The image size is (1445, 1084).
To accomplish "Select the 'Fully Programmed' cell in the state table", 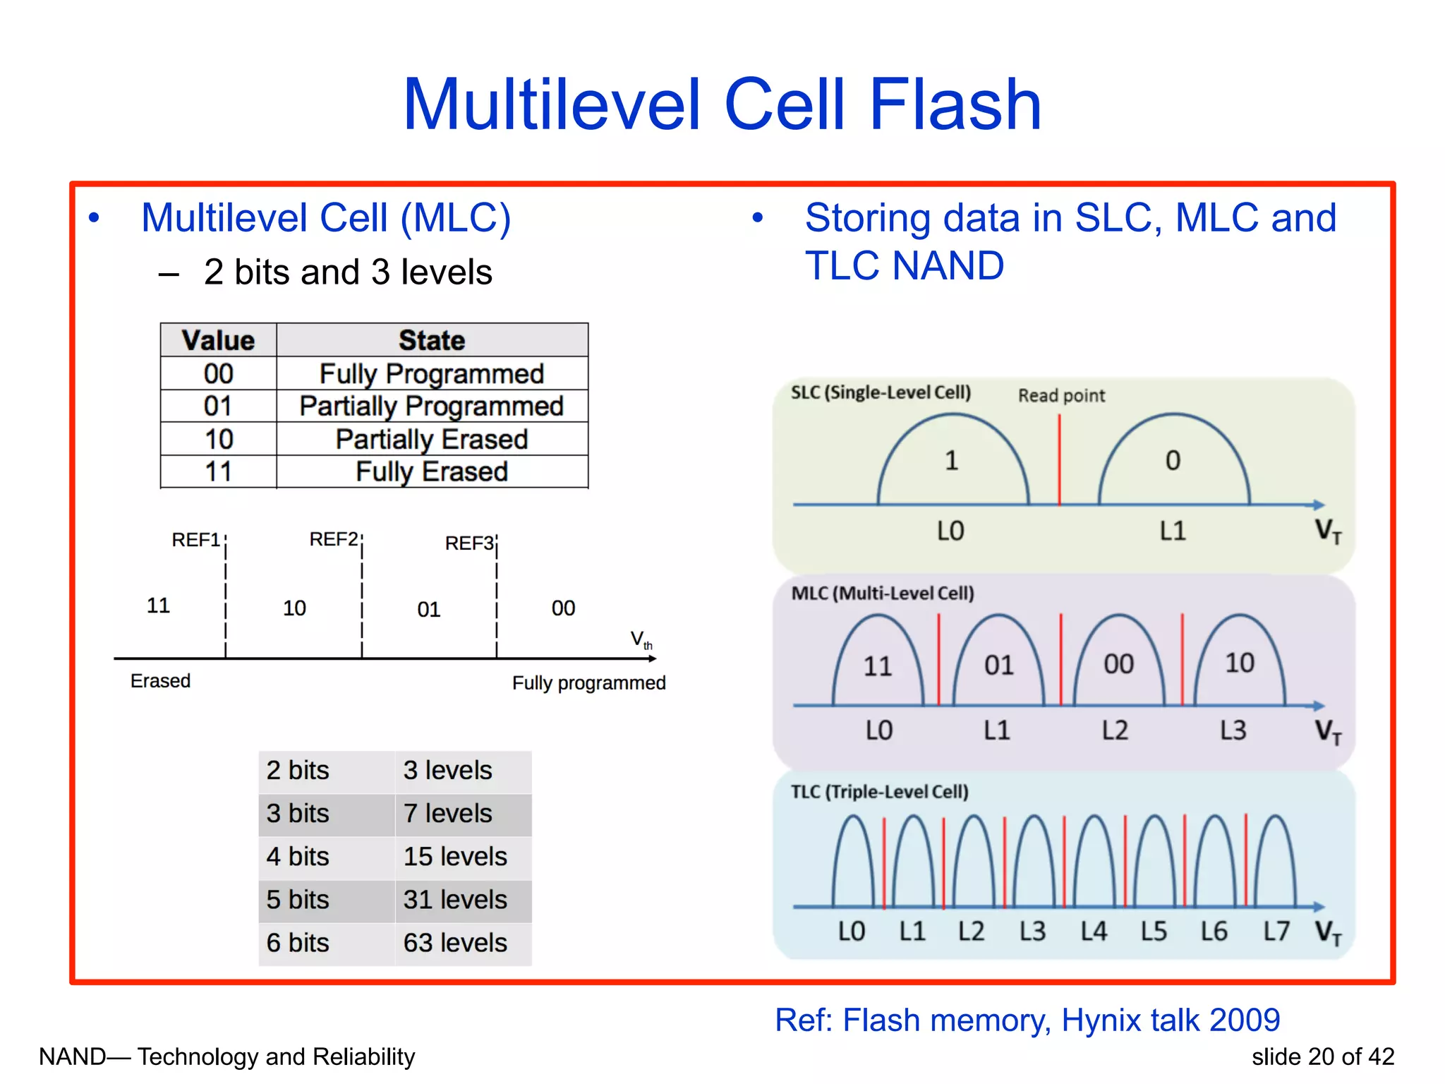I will point(431,373).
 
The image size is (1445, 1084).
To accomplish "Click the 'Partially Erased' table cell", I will point(431,439).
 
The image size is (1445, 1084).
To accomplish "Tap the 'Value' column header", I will point(218,340).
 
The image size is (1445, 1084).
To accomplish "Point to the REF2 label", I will point(334,540).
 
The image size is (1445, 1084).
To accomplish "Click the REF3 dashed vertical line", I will point(497,600).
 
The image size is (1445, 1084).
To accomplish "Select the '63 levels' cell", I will point(455,943).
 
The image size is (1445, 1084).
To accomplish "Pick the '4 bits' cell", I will point(298,857).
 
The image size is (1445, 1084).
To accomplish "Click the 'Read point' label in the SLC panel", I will point(1061,396).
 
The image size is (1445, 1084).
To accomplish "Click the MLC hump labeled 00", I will point(1118,664).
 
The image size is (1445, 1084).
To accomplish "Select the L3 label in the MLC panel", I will point(1233,730).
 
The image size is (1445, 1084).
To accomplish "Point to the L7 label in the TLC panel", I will point(1276,932).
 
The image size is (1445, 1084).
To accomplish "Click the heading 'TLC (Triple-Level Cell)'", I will point(879,792).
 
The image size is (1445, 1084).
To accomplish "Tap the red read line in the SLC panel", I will point(1059,459).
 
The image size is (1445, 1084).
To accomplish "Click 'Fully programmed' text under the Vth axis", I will point(588,683).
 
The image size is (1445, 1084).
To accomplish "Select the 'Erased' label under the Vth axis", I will point(160,681).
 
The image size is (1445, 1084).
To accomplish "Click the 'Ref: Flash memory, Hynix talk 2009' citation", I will point(1027,1020).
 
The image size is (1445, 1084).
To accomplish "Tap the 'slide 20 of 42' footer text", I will point(1322,1057).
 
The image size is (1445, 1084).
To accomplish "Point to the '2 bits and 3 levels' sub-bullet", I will point(347,272).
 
